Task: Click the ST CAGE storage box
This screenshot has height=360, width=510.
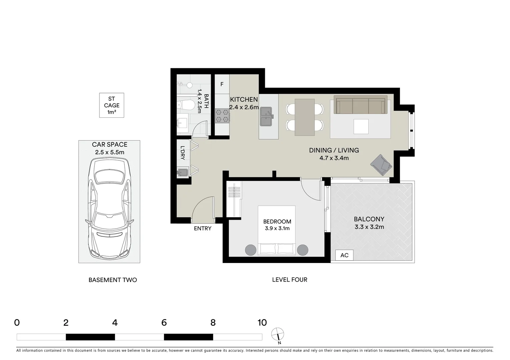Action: click(111, 105)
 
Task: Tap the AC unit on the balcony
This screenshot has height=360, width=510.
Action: click(344, 255)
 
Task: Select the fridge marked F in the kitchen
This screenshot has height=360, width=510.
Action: click(222, 84)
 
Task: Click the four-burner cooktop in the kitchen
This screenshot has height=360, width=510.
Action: click(222, 116)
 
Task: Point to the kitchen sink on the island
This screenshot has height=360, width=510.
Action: click(267, 117)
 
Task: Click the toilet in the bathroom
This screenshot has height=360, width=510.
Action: click(187, 105)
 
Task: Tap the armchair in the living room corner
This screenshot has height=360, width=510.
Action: click(381, 165)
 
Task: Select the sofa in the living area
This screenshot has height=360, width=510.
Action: click(360, 106)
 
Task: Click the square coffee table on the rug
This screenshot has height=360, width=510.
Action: click(361, 126)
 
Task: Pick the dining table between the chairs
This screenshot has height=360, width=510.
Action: click(305, 117)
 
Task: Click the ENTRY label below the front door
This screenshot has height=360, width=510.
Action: click(202, 228)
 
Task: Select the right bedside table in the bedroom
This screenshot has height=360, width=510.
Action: click(303, 250)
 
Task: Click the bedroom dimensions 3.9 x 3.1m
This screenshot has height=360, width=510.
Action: click(277, 228)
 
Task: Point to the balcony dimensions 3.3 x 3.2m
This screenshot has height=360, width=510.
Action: click(369, 227)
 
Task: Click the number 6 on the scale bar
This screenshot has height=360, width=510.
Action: click(164, 323)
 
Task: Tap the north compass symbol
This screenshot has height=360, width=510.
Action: click(278, 333)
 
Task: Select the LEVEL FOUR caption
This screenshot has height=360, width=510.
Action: click(290, 280)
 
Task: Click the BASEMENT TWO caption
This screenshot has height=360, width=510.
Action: click(112, 280)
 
